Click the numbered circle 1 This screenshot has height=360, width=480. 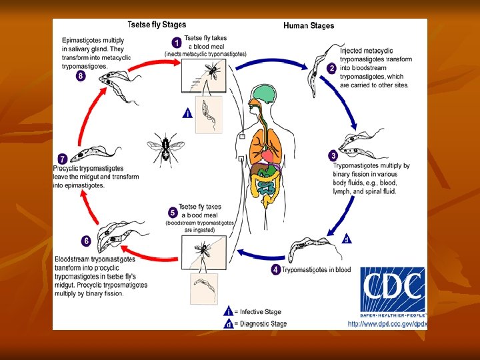(175, 41)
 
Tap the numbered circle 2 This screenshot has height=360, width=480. (331, 69)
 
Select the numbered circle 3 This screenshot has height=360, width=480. (333, 155)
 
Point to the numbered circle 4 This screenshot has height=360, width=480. (275, 269)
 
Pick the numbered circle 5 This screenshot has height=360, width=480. (173, 213)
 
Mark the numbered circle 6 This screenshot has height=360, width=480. (86, 241)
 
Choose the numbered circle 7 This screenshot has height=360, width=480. (62, 159)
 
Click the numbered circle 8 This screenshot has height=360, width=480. (81, 76)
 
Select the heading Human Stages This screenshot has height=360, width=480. (309, 26)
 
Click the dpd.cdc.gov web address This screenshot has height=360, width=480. (387, 324)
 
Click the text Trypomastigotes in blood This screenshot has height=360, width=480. (316, 270)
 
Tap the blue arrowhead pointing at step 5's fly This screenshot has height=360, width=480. (238, 253)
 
